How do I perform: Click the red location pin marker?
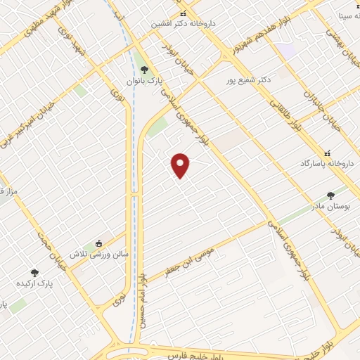pyautogui.click(x=181, y=165)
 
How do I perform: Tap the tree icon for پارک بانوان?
pyautogui.click(x=145, y=69)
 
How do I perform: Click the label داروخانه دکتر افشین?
pyautogui.click(x=184, y=23)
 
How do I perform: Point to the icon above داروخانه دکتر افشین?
pyautogui.click(x=184, y=13)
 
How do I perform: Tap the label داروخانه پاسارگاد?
pyautogui.click(x=326, y=162)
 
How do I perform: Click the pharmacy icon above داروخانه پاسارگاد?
pyautogui.click(x=326, y=153)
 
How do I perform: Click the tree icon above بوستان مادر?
pyautogui.click(x=330, y=195)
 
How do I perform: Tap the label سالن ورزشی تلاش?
pyautogui.click(x=98, y=252)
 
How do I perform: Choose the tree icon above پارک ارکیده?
pyautogui.click(x=34, y=272)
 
